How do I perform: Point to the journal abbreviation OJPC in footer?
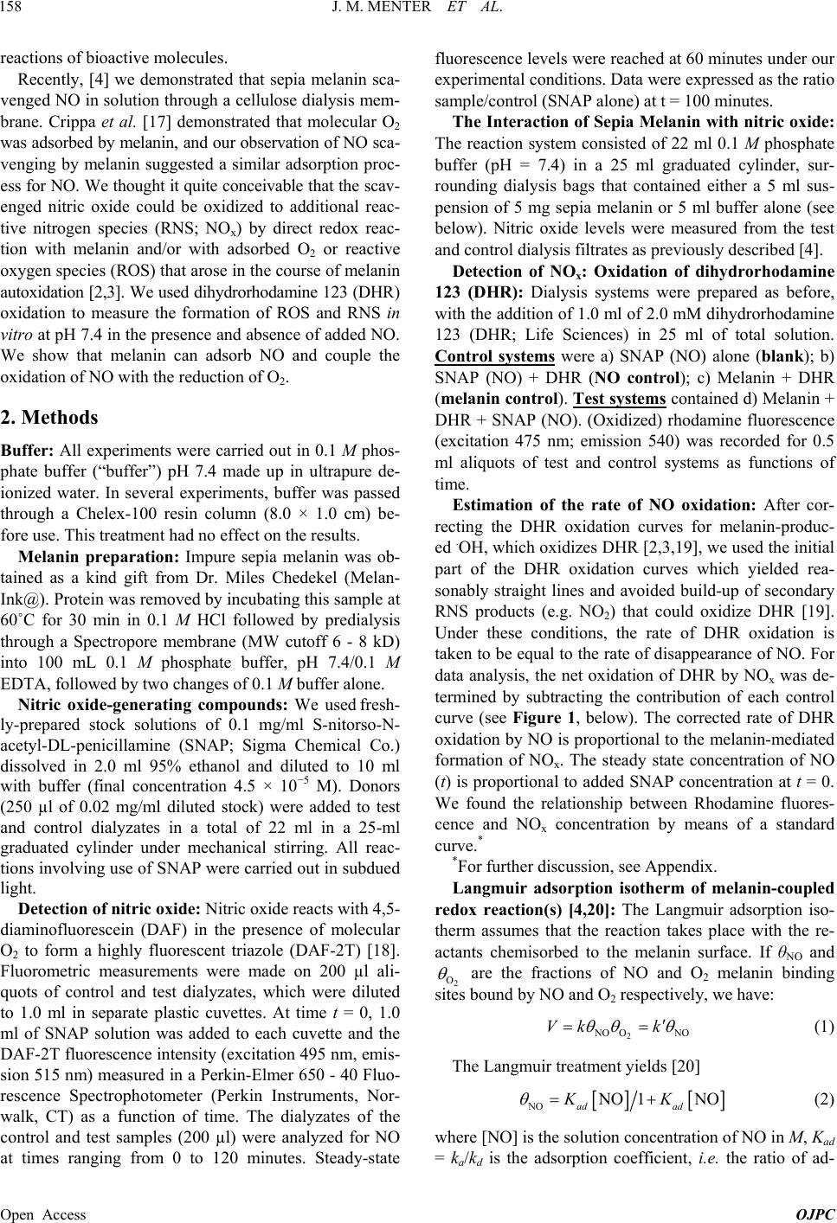[x=818, y=1214]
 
